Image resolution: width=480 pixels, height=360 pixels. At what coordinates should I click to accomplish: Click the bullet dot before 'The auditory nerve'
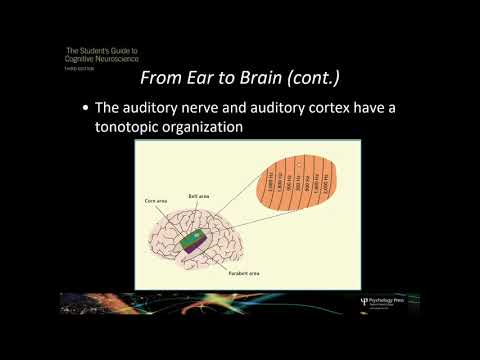[x=87, y=107]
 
